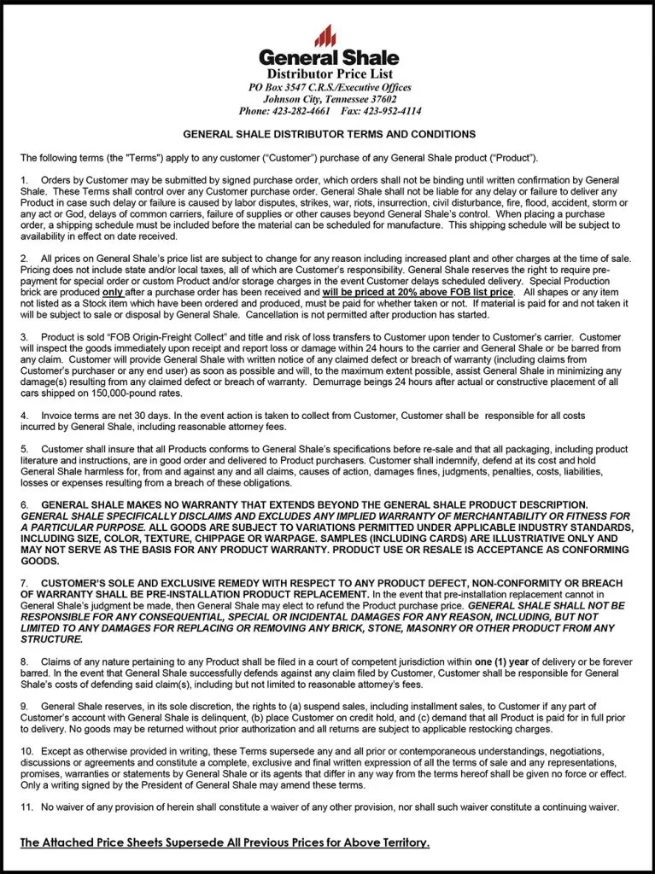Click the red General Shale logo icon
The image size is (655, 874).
325,36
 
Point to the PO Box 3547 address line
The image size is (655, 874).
329,87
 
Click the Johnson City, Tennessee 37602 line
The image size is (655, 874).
329,99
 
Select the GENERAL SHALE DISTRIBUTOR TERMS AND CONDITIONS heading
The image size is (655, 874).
329,135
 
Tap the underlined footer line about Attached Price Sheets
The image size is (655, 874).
225,842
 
